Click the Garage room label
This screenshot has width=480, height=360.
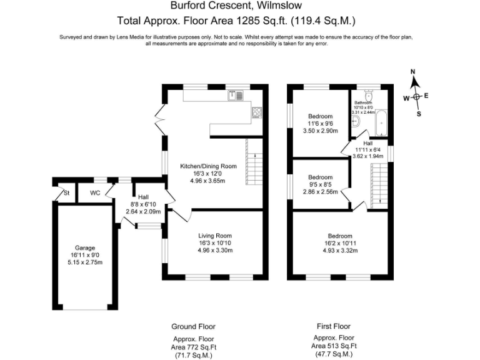(85, 248)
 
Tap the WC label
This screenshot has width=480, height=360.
(95, 193)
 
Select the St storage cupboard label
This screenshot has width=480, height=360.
(66, 193)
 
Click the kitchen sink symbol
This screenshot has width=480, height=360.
(235, 96)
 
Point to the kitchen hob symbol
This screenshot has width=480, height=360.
(256, 112)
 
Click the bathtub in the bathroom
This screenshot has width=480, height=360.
(381, 122)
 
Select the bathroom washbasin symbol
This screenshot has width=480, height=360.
(356, 122)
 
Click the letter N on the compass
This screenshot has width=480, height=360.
(412, 72)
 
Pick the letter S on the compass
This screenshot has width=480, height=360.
(419, 114)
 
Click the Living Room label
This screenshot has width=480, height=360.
(215, 236)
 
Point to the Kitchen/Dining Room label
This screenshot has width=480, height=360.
(208, 166)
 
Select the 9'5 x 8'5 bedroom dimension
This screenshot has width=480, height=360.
(320, 184)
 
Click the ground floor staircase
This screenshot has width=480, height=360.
(254, 161)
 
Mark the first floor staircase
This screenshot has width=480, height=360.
(379, 186)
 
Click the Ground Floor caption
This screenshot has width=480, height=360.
(193, 327)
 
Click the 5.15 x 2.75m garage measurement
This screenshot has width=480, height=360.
(85, 262)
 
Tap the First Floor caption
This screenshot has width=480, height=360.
(334, 326)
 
